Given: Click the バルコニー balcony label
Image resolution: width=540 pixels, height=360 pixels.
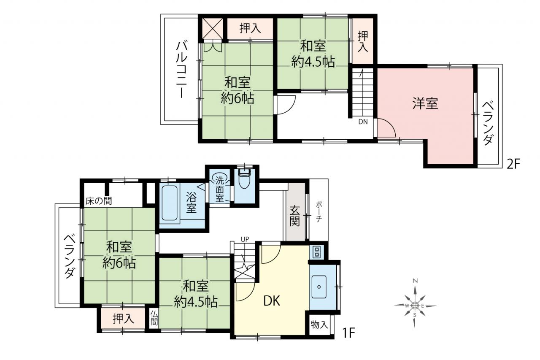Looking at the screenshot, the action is (x=182, y=70).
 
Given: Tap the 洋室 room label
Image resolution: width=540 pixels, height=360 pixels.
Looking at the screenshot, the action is (x=425, y=103).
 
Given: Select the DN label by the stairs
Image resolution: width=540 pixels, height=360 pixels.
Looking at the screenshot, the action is (x=363, y=122).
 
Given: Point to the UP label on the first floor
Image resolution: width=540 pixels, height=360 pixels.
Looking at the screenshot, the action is (x=245, y=239).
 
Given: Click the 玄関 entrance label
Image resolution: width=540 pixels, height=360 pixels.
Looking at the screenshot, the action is (x=295, y=216).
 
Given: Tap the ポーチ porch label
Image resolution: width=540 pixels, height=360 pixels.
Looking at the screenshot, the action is (x=319, y=211).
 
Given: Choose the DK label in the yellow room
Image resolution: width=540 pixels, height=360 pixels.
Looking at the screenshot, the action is (x=272, y=301).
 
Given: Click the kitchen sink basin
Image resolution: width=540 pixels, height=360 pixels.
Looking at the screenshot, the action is (x=319, y=287).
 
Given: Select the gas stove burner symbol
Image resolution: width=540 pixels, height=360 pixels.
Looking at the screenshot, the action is (x=316, y=252).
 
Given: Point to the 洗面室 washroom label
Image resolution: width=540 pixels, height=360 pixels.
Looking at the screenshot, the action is (x=220, y=190).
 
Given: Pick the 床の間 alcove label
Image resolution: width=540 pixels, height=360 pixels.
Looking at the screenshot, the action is (x=99, y=201).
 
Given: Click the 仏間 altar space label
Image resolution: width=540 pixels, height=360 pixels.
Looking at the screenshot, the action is (x=154, y=318).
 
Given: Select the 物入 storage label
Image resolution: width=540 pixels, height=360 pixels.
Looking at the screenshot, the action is (x=320, y=325).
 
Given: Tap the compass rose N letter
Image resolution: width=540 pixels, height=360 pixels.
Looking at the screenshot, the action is (x=415, y=281).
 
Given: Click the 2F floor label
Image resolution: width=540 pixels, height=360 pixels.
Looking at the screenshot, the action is (x=513, y=165).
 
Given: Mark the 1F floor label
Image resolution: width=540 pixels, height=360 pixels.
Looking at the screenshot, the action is (x=348, y=333).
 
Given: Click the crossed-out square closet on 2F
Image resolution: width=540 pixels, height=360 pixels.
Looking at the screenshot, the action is (x=212, y=28).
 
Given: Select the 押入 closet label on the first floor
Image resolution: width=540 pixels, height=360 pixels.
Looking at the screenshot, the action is (x=124, y=319).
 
